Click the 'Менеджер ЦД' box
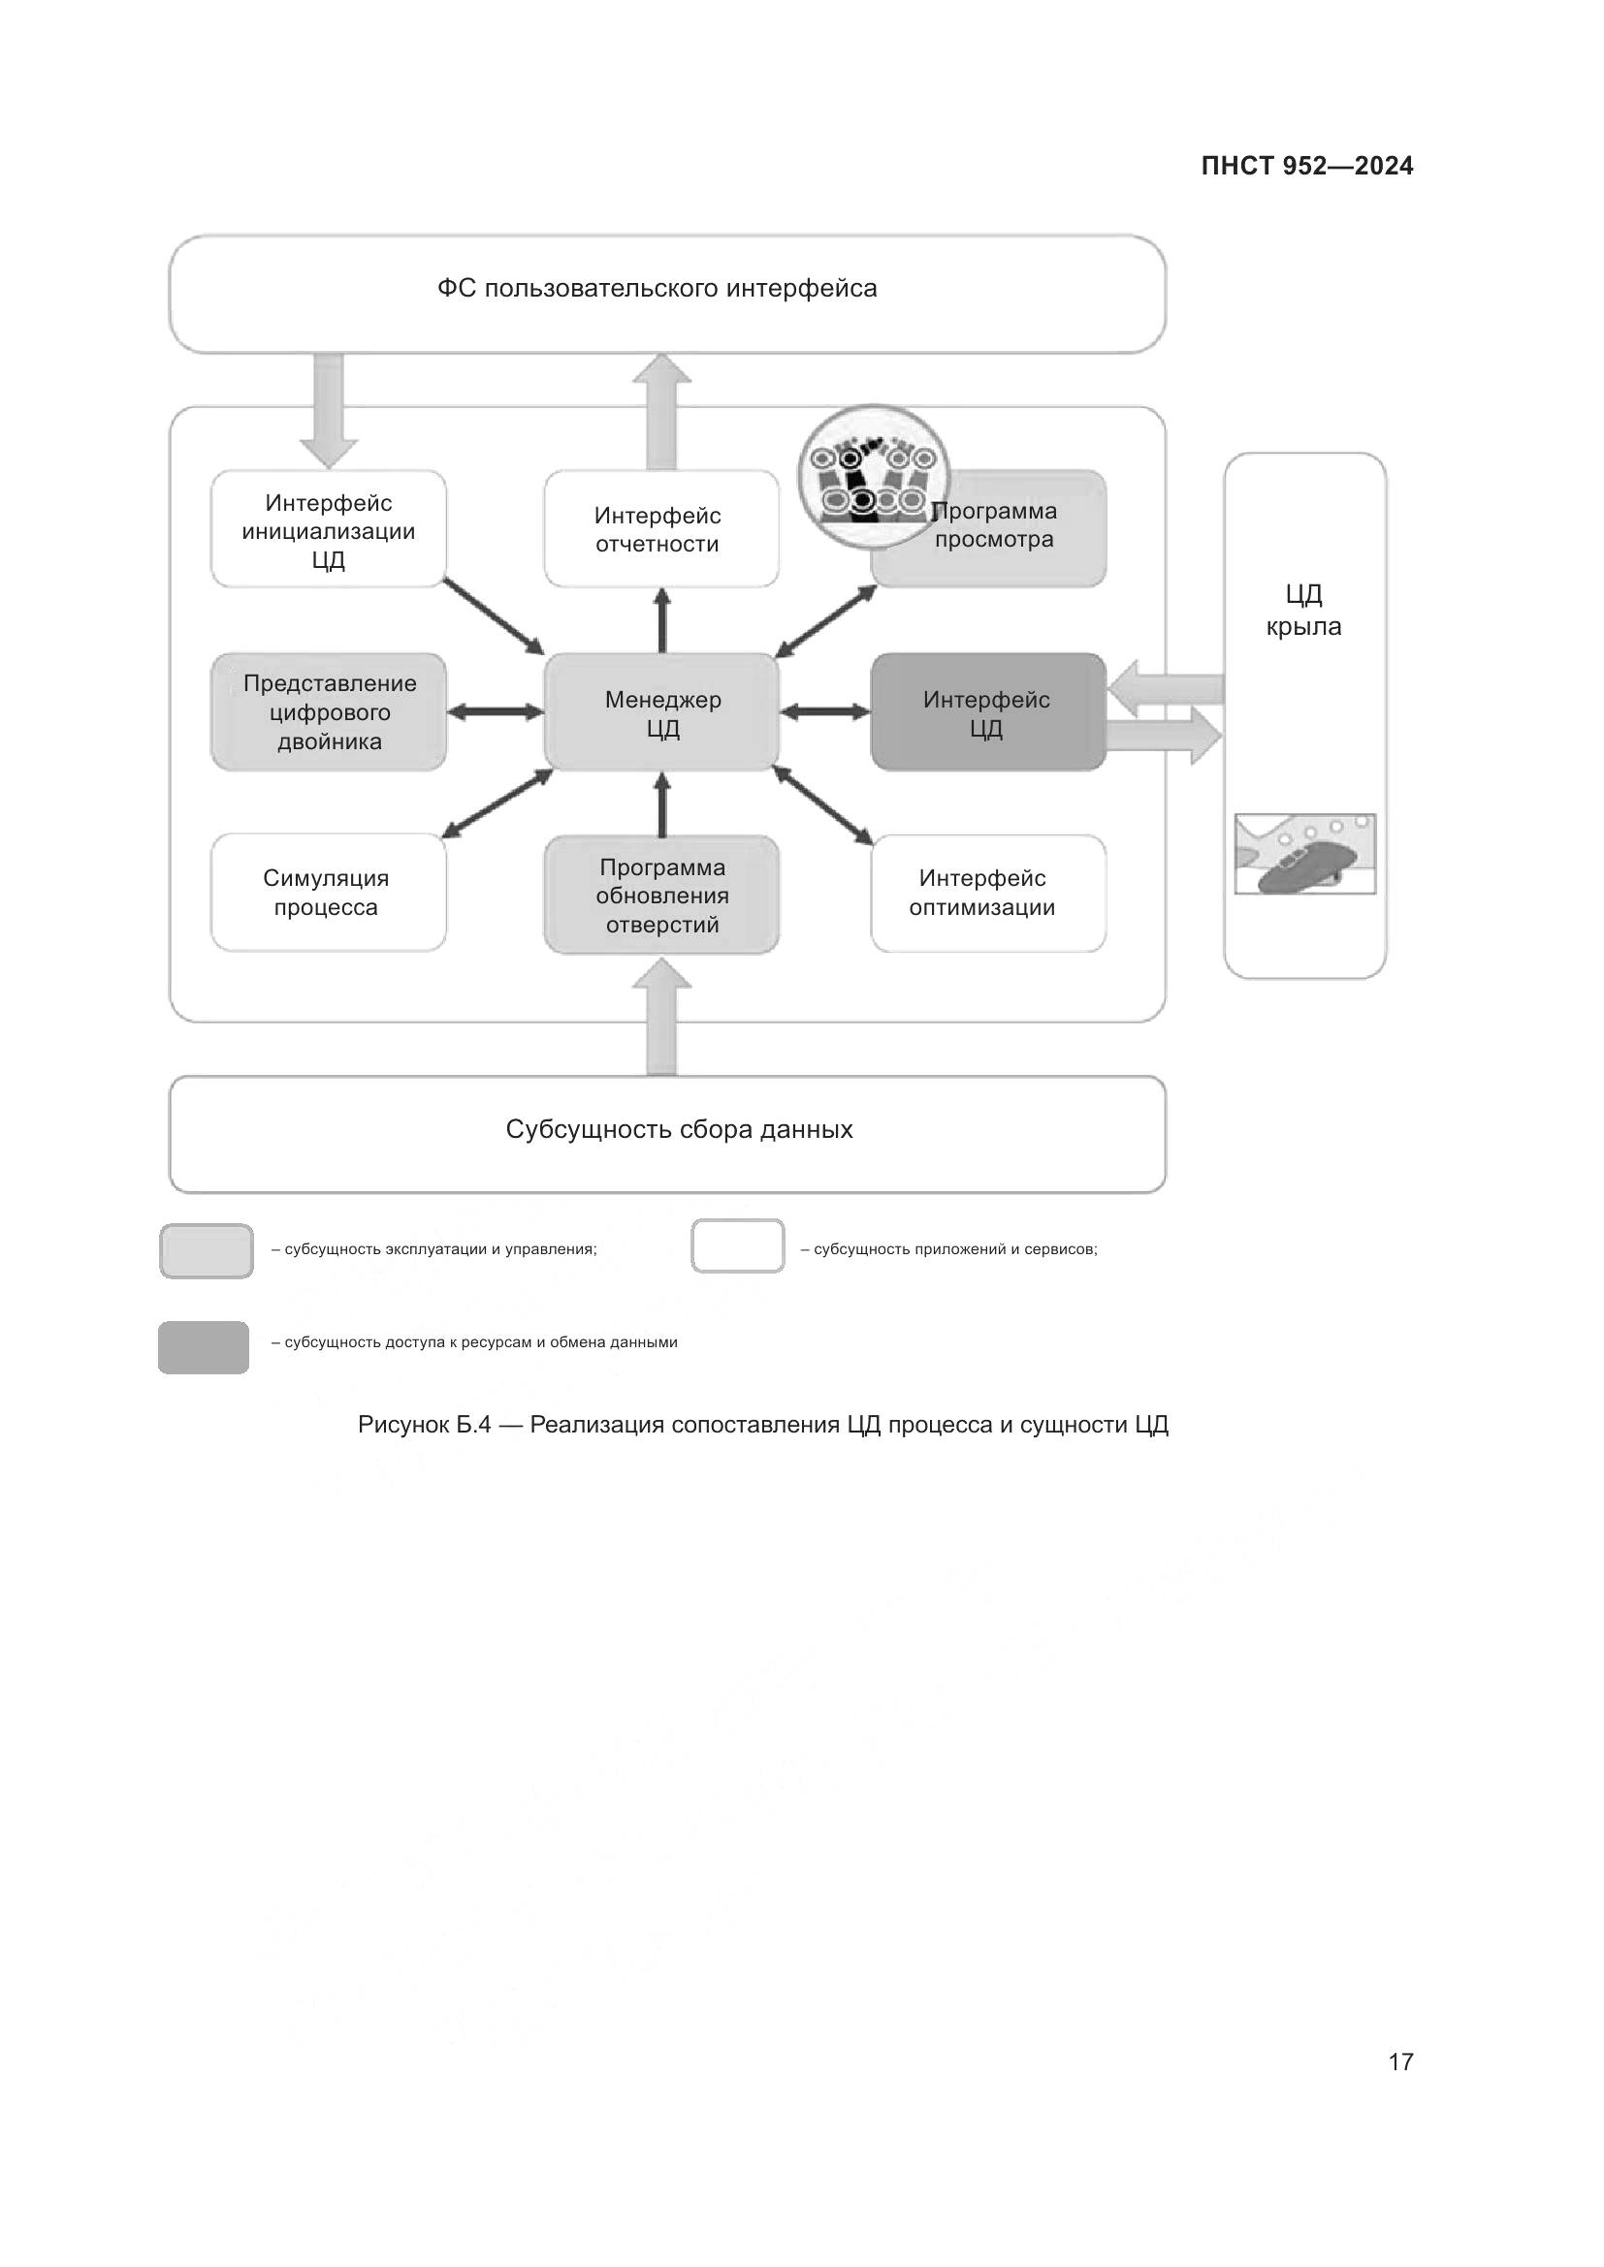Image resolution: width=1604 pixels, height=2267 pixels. point(661,713)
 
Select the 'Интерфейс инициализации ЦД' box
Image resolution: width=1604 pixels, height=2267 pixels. point(328,530)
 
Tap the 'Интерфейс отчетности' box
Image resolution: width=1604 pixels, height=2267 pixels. point(660,530)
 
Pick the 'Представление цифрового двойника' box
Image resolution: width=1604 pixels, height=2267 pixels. point(328,712)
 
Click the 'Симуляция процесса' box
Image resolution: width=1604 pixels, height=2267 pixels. point(328,893)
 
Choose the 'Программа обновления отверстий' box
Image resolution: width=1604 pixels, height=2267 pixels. point(660,896)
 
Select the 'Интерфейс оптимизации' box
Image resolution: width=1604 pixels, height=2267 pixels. point(987,893)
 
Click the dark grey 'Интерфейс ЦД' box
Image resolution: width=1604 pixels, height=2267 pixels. point(987,713)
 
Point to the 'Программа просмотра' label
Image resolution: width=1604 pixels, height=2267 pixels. point(995,526)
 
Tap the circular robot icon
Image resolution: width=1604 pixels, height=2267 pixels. point(872,478)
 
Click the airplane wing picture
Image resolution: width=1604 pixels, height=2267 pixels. point(1304,854)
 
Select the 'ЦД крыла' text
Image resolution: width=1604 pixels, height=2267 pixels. point(1303,611)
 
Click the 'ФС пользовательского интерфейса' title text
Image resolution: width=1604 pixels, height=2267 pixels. point(657,288)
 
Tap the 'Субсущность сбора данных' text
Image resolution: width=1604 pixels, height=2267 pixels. point(679,1129)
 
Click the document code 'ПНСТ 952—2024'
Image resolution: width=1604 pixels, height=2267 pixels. point(1306,166)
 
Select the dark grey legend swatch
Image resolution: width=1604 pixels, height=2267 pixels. point(204,1348)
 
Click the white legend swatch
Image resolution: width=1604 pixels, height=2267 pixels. point(738,1246)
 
